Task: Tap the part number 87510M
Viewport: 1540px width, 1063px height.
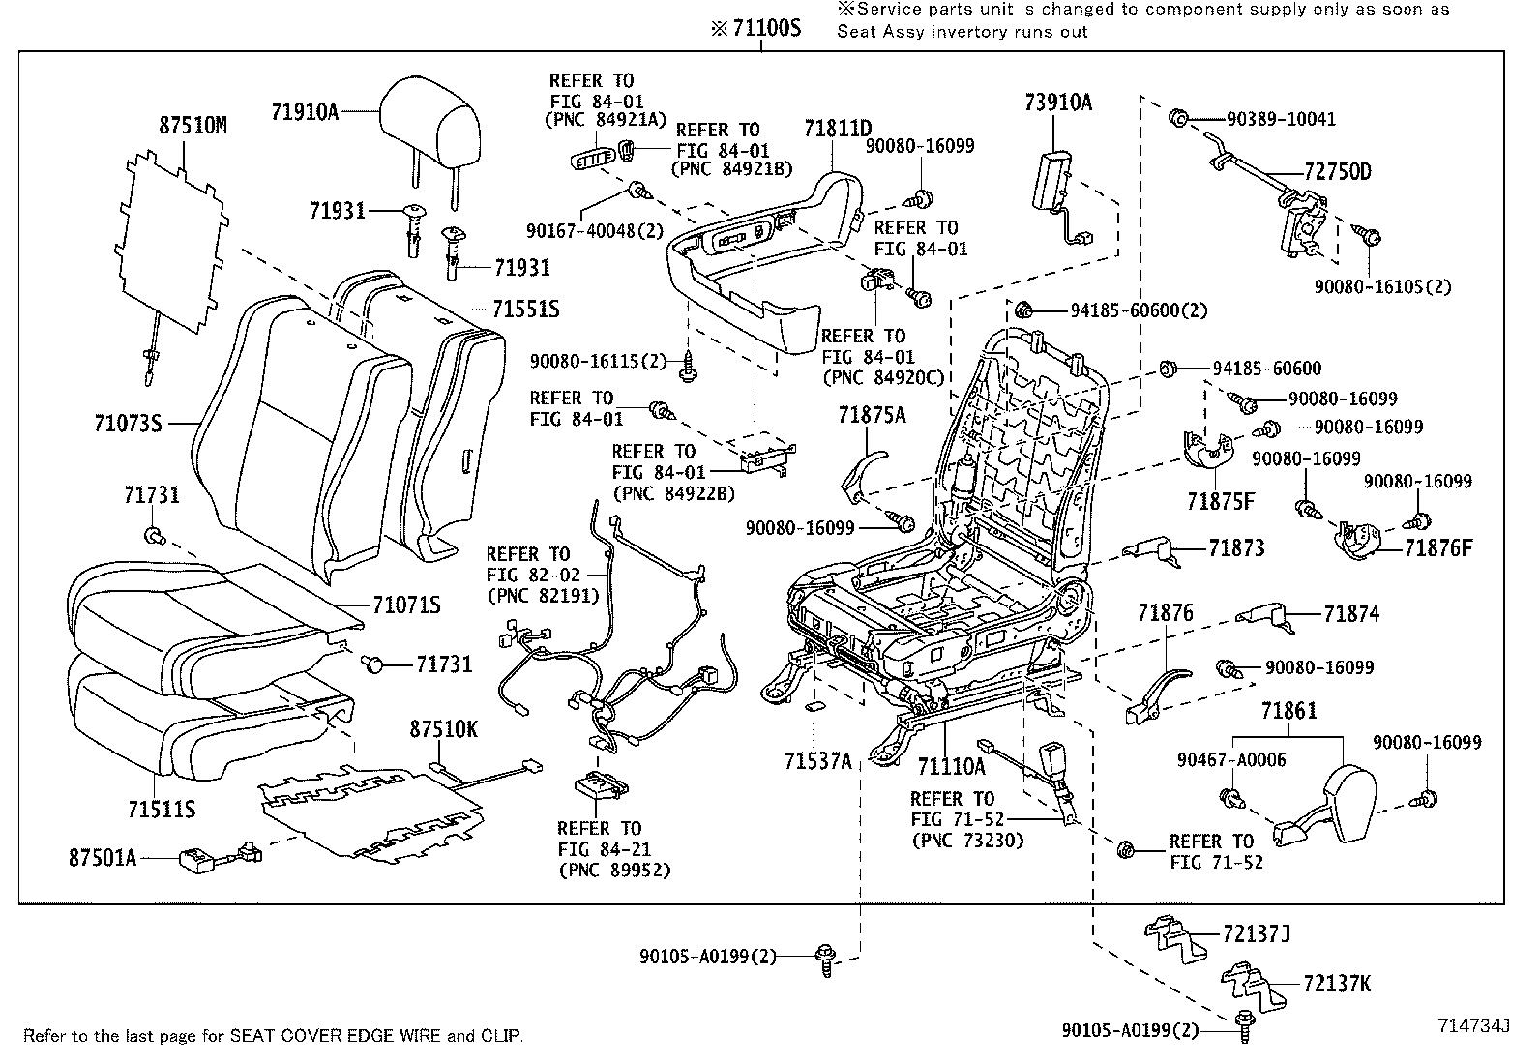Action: (x=192, y=126)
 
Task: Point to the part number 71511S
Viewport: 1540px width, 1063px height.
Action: (x=161, y=808)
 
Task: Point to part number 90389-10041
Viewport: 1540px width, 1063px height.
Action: (x=1281, y=120)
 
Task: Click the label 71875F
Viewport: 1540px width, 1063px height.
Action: (x=1221, y=501)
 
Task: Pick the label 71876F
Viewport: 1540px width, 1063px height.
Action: (x=1438, y=548)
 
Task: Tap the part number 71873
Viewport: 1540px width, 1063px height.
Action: (x=1236, y=548)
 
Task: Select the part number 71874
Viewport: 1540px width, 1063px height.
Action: (x=1351, y=613)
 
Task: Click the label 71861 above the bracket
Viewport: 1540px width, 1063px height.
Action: (x=1288, y=711)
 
